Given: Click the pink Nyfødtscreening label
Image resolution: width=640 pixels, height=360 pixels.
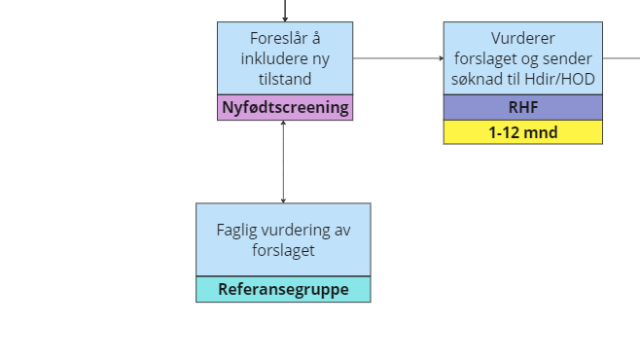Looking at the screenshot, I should [x=284, y=107].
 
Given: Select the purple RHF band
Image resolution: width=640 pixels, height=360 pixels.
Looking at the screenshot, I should [x=522, y=107].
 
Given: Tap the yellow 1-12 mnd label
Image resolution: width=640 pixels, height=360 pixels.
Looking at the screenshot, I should [x=522, y=132].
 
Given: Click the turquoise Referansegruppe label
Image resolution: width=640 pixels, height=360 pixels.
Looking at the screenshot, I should [x=283, y=289].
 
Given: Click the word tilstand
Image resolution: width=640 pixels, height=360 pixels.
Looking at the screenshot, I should [x=285, y=77].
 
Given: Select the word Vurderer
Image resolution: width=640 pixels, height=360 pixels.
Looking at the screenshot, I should [x=523, y=40].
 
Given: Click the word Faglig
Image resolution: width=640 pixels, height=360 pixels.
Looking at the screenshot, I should [x=239, y=231].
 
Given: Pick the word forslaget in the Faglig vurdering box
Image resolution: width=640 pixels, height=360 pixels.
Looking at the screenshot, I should [x=283, y=249].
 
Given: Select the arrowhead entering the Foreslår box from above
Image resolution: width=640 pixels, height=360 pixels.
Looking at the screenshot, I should [x=285, y=18].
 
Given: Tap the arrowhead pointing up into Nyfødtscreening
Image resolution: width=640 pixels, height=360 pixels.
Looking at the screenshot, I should [x=283, y=125].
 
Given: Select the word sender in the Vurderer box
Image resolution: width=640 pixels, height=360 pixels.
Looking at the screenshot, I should [x=568, y=58].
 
